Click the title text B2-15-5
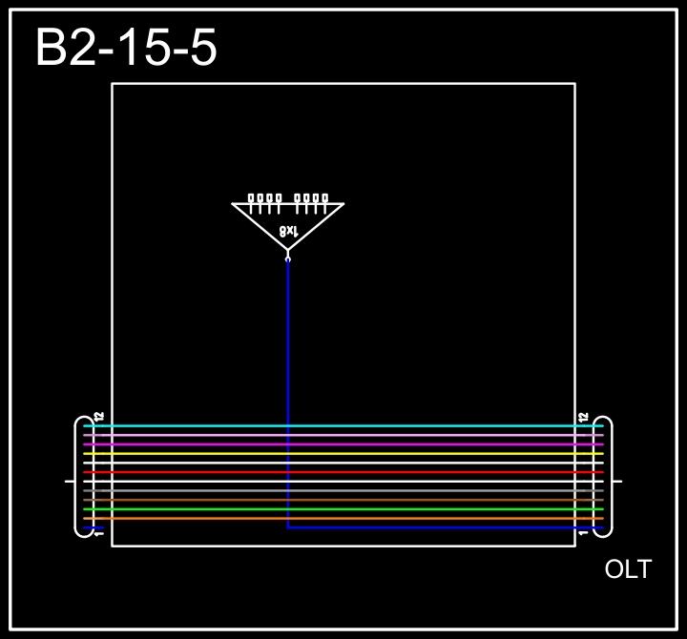pyautogui.click(x=126, y=48)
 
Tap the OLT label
pyautogui.click(x=628, y=569)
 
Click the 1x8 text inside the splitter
pyautogui.click(x=288, y=230)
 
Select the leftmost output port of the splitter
pyautogui.click(x=252, y=199)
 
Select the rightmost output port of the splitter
pyautogui.click(x=324, y=199)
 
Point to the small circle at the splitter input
pyautogui.click(x=288, y=258)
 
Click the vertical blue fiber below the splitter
pyautogui.click(x=288, y=381)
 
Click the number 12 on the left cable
pyautogui.click(x=99, y=417)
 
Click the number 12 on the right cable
pyautogui.click(x=583, y=417)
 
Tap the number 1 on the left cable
pyautogui.click(x=99, y=534)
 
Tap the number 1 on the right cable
pyautogui.click(x=583, y=534)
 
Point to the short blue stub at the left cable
pyautogui.click(x=94, y=527)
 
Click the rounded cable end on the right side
pyautogui.click(x=603, y=477)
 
